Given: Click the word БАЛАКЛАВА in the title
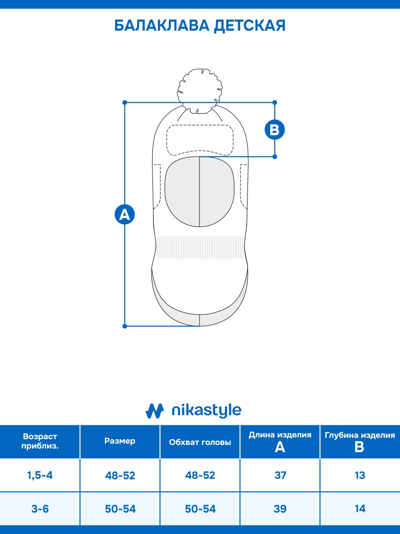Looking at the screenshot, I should pyautogui.click(x=161, y=26).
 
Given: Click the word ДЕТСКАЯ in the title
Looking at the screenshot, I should pyautogui.click(x=250, y=26).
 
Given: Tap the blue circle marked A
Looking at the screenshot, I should pyautogui.click(x=124, y=214).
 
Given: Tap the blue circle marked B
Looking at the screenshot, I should pyautogui.click(x=274, y=129).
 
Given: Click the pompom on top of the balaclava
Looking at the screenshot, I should pyautogui.click(x=200, y=89).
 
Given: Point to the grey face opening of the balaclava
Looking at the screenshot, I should pyautogui.click(x=200, y=191).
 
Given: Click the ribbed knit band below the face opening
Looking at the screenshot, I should pyautogui.click(x=200, y=247).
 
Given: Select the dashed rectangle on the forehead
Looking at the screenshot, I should pyautogui.click(x=200, y=139).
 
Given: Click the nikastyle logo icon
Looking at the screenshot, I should pyautogui.click(x=155, y=411).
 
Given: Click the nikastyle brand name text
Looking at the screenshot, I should pyautogui.click(x=206, y=411).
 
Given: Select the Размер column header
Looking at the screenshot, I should pyautogui.click(x=120, y=441).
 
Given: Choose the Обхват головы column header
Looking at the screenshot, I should pyautogui.click(x=200, y=442).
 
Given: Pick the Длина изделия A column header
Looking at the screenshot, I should pyautogui.click(x=280, y=441).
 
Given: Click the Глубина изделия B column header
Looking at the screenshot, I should pyautogui.click(x=360, y=441).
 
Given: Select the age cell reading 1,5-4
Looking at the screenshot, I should pyautogui.click(x=40, y=475).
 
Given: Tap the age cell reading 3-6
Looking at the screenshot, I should pyautogui.click(x=40, y=509).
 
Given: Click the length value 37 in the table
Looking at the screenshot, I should pyautogui.click(x=280, y=475).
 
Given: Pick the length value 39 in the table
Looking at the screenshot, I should pyautogui.click(x=280, y=509).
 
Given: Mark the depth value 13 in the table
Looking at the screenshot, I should pyautogui.click(x=360, y=475).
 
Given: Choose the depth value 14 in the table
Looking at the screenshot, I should pyautogui.click(x=360, y=509).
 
